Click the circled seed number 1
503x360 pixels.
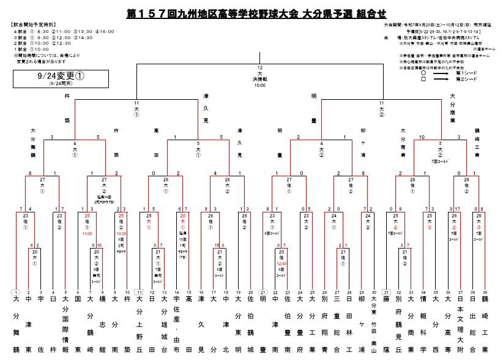15,293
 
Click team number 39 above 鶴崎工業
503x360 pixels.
485,293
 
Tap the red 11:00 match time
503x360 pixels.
87,233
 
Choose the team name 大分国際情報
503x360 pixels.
65,324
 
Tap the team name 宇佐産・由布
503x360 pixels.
176,324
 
